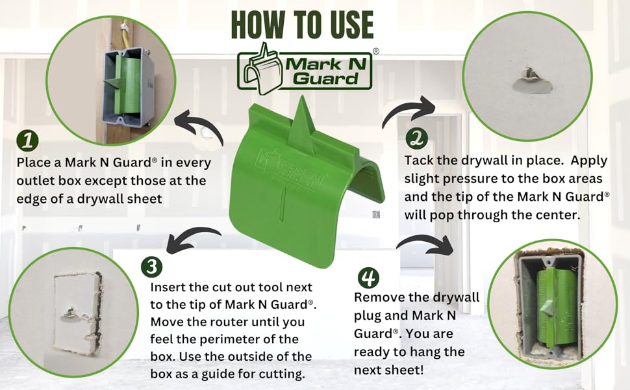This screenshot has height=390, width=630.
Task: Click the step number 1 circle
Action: (x=28, y=140)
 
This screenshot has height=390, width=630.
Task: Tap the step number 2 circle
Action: (x=416, y=138)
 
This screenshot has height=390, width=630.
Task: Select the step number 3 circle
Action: (x=151, y=266)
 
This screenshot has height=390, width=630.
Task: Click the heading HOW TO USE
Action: (x=302, y=25)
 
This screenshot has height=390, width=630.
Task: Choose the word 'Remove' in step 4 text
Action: (x=378, y=297)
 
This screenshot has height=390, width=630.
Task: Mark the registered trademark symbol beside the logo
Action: (x=375, y=51)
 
